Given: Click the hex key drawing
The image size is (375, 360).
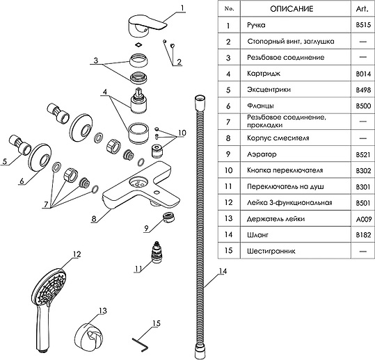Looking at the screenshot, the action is click(x=141, y=344).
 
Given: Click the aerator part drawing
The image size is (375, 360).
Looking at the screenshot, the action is click(x=168, y=217).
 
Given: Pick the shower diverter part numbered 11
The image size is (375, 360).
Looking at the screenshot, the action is click(x=157, y=252).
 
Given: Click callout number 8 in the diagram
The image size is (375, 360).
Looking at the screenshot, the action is click(x=94, y=219).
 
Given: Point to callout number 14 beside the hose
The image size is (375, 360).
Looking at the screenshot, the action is click(x=223, y=271).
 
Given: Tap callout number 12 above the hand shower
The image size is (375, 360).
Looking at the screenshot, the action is click(x=77, y=254).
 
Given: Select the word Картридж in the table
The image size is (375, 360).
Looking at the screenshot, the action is click(x=264, y=74).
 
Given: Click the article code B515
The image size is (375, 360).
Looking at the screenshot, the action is click(x=363, y=25).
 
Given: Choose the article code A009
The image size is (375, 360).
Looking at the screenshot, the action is click(x=363, y=219).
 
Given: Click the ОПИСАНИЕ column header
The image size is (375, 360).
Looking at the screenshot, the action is click(x=292, y=9).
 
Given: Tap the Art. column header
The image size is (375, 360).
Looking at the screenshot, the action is click(x=362, y=9).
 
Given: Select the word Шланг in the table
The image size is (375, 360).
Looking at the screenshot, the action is click(x=257, y=235).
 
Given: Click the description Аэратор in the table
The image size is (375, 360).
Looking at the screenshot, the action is click(x=262, y=154).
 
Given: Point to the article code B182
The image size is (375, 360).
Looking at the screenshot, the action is click(x=363, y=235).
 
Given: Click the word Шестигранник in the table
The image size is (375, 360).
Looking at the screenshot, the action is click(x=271, y=251).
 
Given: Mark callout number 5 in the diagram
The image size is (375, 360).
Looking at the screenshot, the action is click(x=5, y=161).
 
